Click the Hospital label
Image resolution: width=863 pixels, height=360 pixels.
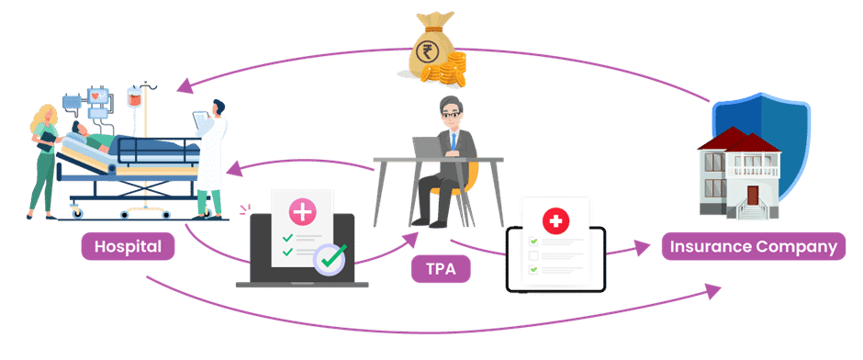coord(128,246)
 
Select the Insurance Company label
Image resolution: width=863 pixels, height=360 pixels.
coord(753,246)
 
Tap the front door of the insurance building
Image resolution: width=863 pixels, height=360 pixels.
coord(753,197)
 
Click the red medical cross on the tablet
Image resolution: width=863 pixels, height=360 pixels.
coord(555,220)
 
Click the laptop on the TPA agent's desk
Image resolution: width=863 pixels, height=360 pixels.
coord(428,148)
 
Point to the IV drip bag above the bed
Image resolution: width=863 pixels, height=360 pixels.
coord(134,96)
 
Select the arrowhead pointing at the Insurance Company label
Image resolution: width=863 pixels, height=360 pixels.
coord(646,247)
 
